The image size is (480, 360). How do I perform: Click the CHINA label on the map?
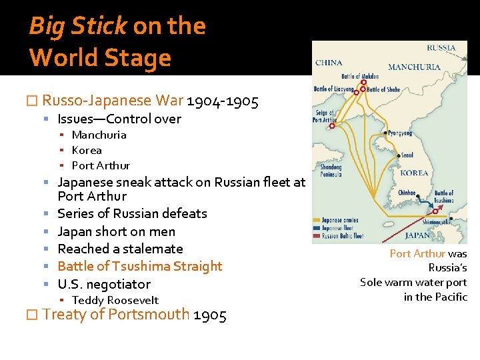click(329, 63)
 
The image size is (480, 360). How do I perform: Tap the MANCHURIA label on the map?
click(413, 67)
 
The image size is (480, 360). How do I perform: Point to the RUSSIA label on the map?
click(441, 47)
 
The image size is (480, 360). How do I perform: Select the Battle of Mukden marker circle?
click(363, 83)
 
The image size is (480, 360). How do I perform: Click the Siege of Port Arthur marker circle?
click(332, 125)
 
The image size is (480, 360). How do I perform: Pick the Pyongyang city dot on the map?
click(383, 133)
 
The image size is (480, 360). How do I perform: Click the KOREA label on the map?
click(414, 173)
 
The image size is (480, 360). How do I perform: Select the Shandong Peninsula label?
click(331, 171)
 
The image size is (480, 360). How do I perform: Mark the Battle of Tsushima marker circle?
click(435, 211)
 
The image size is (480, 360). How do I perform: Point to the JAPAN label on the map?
click(418, 235)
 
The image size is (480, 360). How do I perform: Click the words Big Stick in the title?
click(77, 27)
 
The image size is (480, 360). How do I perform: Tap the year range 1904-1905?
click(223, 101)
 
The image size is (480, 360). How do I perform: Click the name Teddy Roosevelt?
click(115, 300)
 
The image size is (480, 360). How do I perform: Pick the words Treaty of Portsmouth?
click(116, 315)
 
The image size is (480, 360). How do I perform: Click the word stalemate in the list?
click(151, 249)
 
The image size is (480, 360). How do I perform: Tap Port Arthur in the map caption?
click(417, 253)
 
